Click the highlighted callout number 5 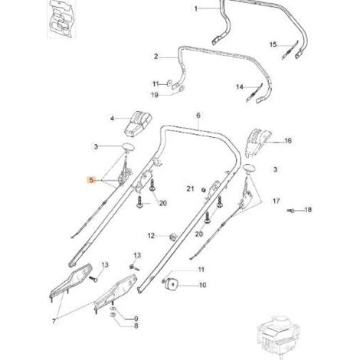point(91,180)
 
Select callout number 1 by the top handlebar point(196,8)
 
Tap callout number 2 point(156,57)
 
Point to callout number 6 point(198,116)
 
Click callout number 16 point(288,141)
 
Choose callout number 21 point(190,188)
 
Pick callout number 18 point(308,210)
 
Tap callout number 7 point(54,321)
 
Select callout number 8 point(136,326)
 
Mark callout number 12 point(151,235)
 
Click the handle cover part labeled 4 point(138,123)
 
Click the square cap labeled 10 point(172,283)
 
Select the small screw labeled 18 point(290,211)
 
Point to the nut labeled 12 point(173,237)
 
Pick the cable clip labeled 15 point(290,50)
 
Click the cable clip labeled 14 point(254,93)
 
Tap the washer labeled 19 point(182,89)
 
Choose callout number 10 point(202,285)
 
